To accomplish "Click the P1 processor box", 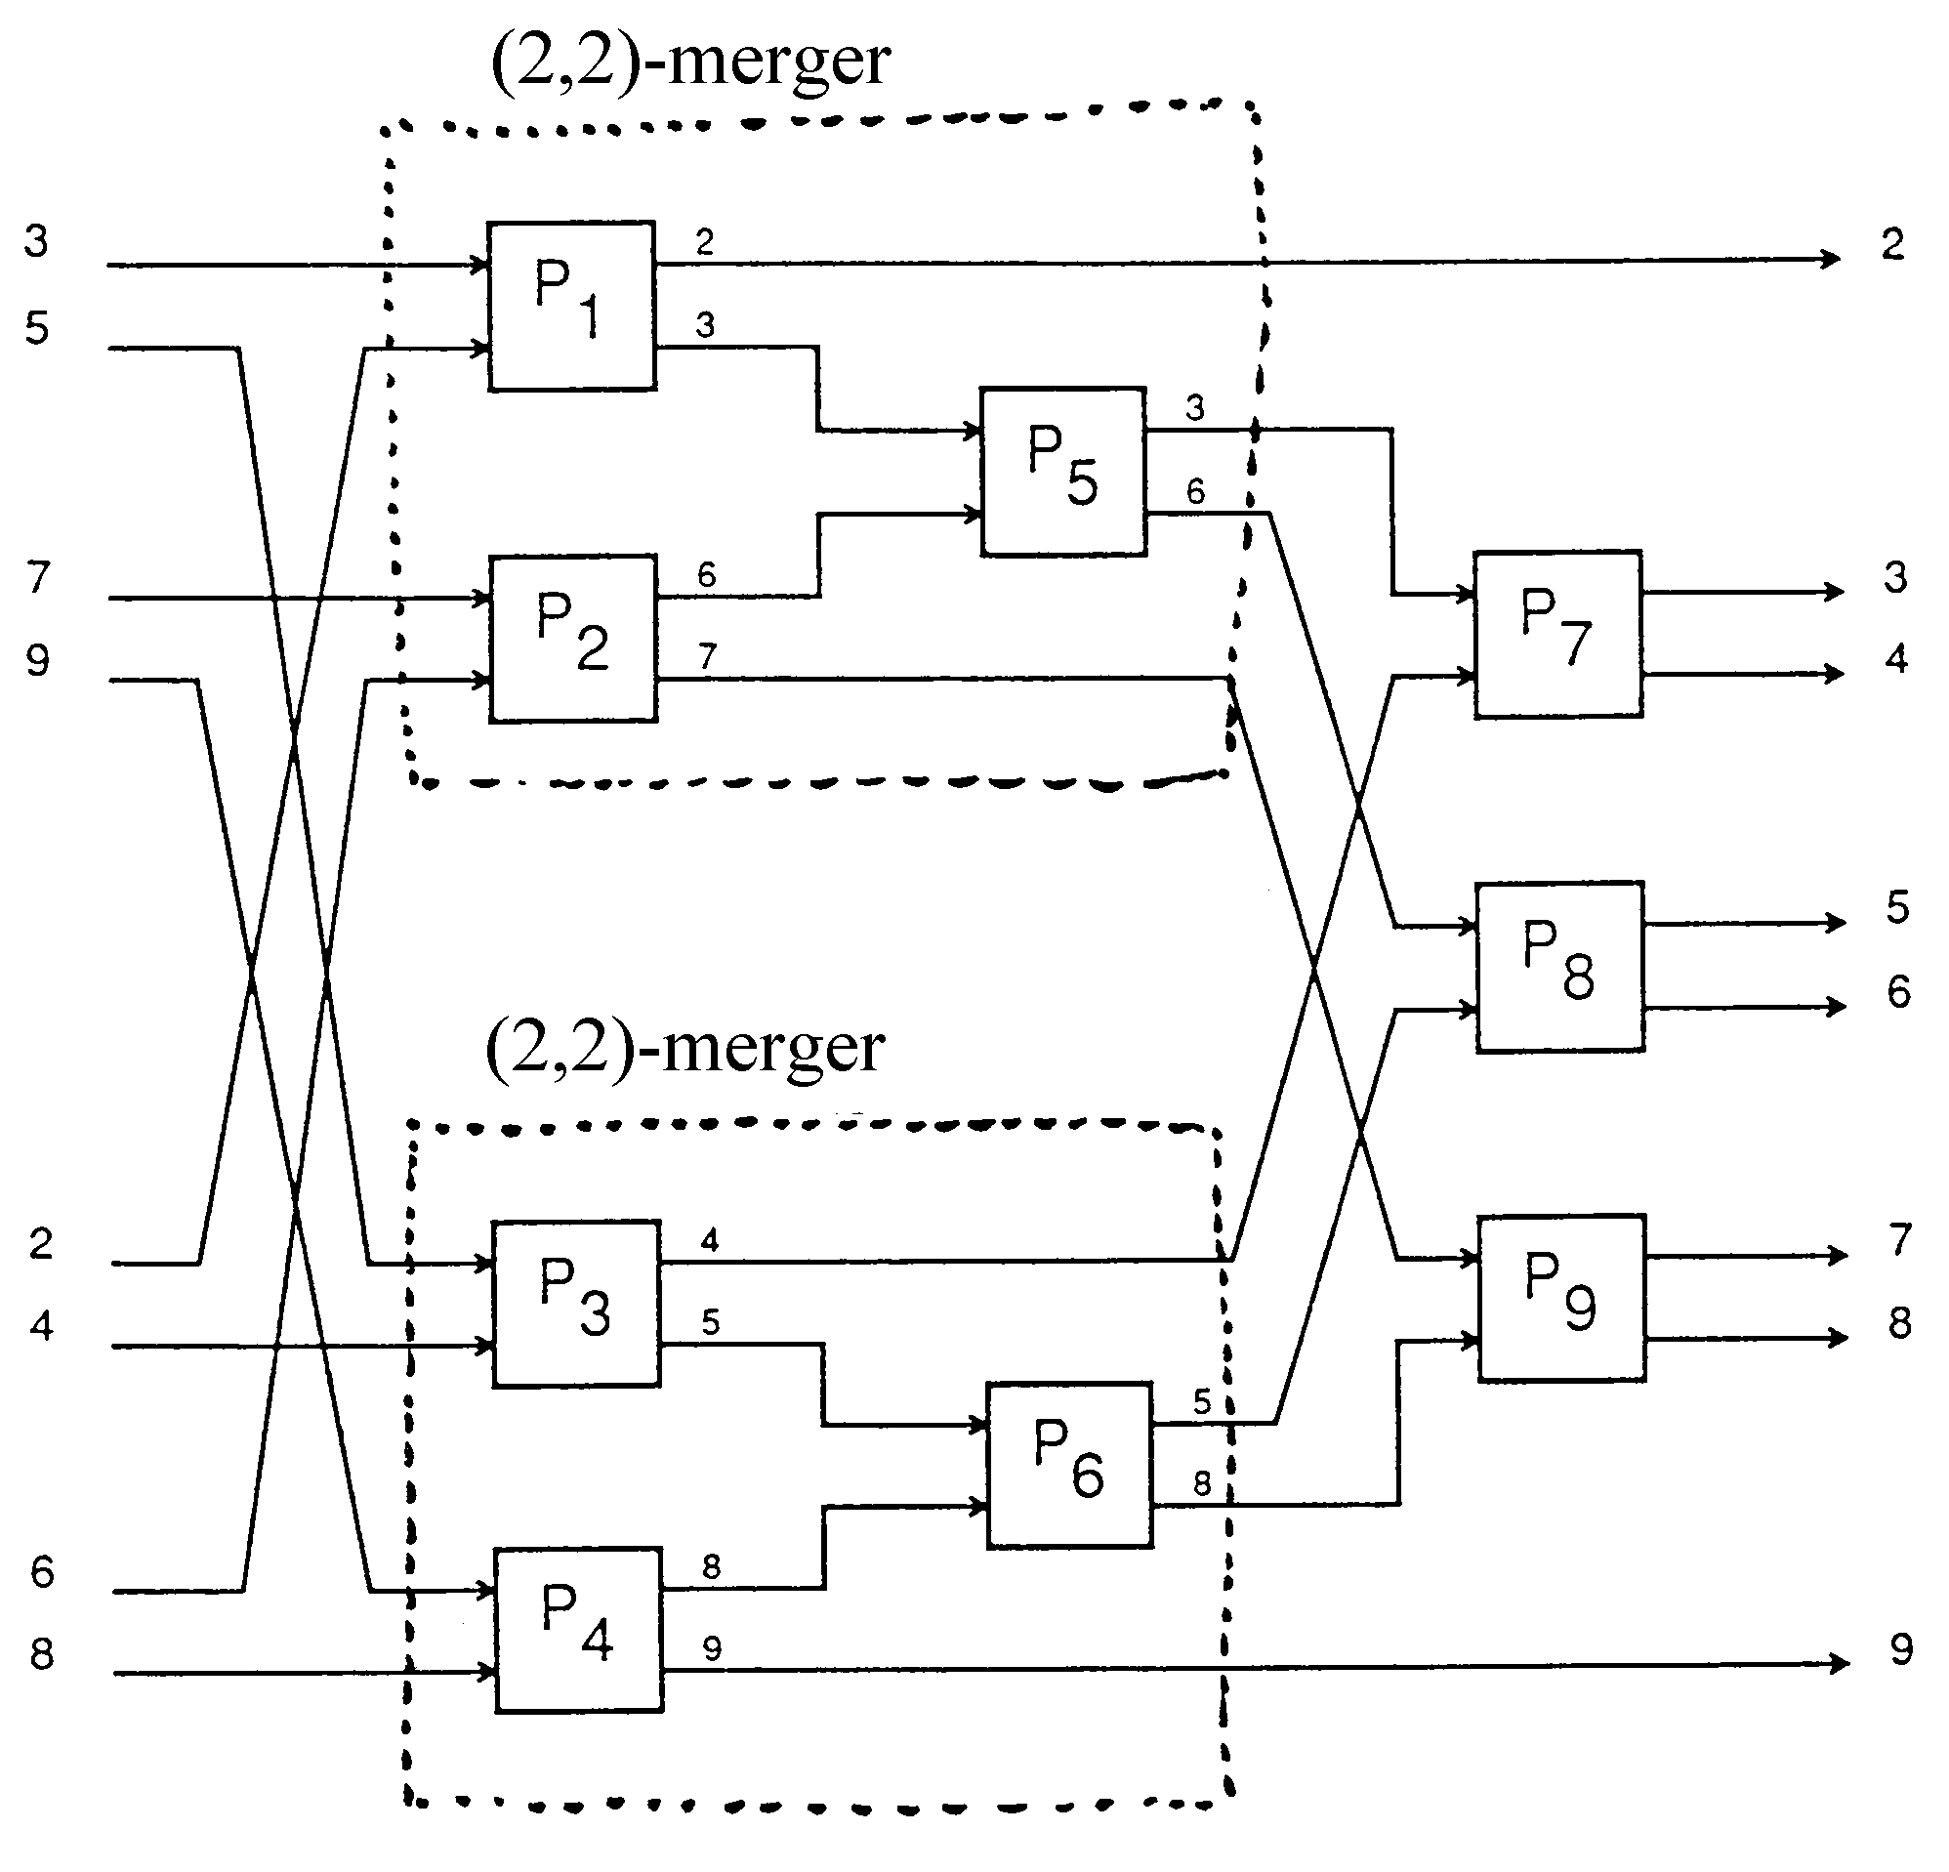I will pyautogui.click(x=572, y=307).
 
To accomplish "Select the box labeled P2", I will pyautogui.click(x=574, y=639).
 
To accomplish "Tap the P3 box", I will pyautogui.click(x=577, y=1304).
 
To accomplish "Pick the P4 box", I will pyautogui.click(x=580, y=1631).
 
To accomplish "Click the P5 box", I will pyautogui.click(x=1063, y=472).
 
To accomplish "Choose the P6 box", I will pyautogui.click(x=1070, y=1464).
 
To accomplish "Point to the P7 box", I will pyautogui.click(x=1557, y=635).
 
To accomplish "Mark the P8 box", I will pyautogui.click(x=1560, y=967).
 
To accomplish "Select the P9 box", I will pyautogui.click(x=1562, y=1298).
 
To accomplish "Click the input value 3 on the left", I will pyautogui.click(x=37, y=242).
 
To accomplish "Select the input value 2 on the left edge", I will pyautogui.click(x=41, y=1244).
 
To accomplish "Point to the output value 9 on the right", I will pyautogui.click(x=1901, y=1650).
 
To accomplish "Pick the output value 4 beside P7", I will pyautogui.click(x=1896, y=659).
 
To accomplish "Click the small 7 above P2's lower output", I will pyautogui.click(x=707, y=656).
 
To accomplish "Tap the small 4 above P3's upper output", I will pyautogui.click(x=710, y=1240).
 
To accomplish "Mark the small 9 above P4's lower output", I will pyautogui.click(x=712, y=1649).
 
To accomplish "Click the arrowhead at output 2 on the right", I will pyautogui.click(x=1831, y=259).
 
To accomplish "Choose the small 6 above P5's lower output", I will pyautogui.click(x=1195, y=491).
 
